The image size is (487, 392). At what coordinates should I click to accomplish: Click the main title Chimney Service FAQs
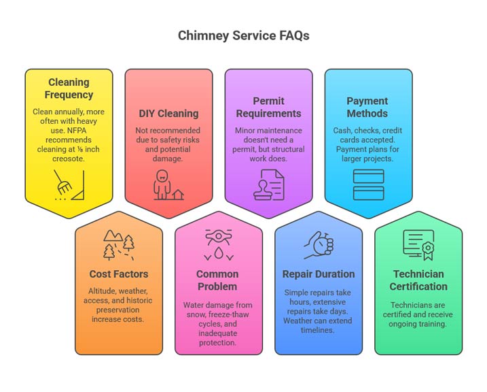pyautogui.click(x=243, y=35)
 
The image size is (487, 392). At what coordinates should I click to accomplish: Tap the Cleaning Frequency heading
pyautogui.click(x=69, y=89)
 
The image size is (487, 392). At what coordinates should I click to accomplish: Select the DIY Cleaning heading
pyautogui.click(x=168, y=114)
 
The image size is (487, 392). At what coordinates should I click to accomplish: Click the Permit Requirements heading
pyautogui.click(x=268, y=108)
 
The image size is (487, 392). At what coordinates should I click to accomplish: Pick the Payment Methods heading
pyautogui.click(x=367, y=108)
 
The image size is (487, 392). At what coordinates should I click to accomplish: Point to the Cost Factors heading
pyautogui.click(x=119, y=274)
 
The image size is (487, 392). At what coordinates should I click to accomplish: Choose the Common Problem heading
pyautogui.click(x=218, y=280)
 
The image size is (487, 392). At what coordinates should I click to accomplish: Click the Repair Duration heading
pyautogui.click(x=319, y=274)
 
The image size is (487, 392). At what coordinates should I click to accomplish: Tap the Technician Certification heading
pyautogui.click(x=418, y=280)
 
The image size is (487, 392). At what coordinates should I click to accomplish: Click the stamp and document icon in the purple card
pyautogui.click(x=268, y=184)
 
